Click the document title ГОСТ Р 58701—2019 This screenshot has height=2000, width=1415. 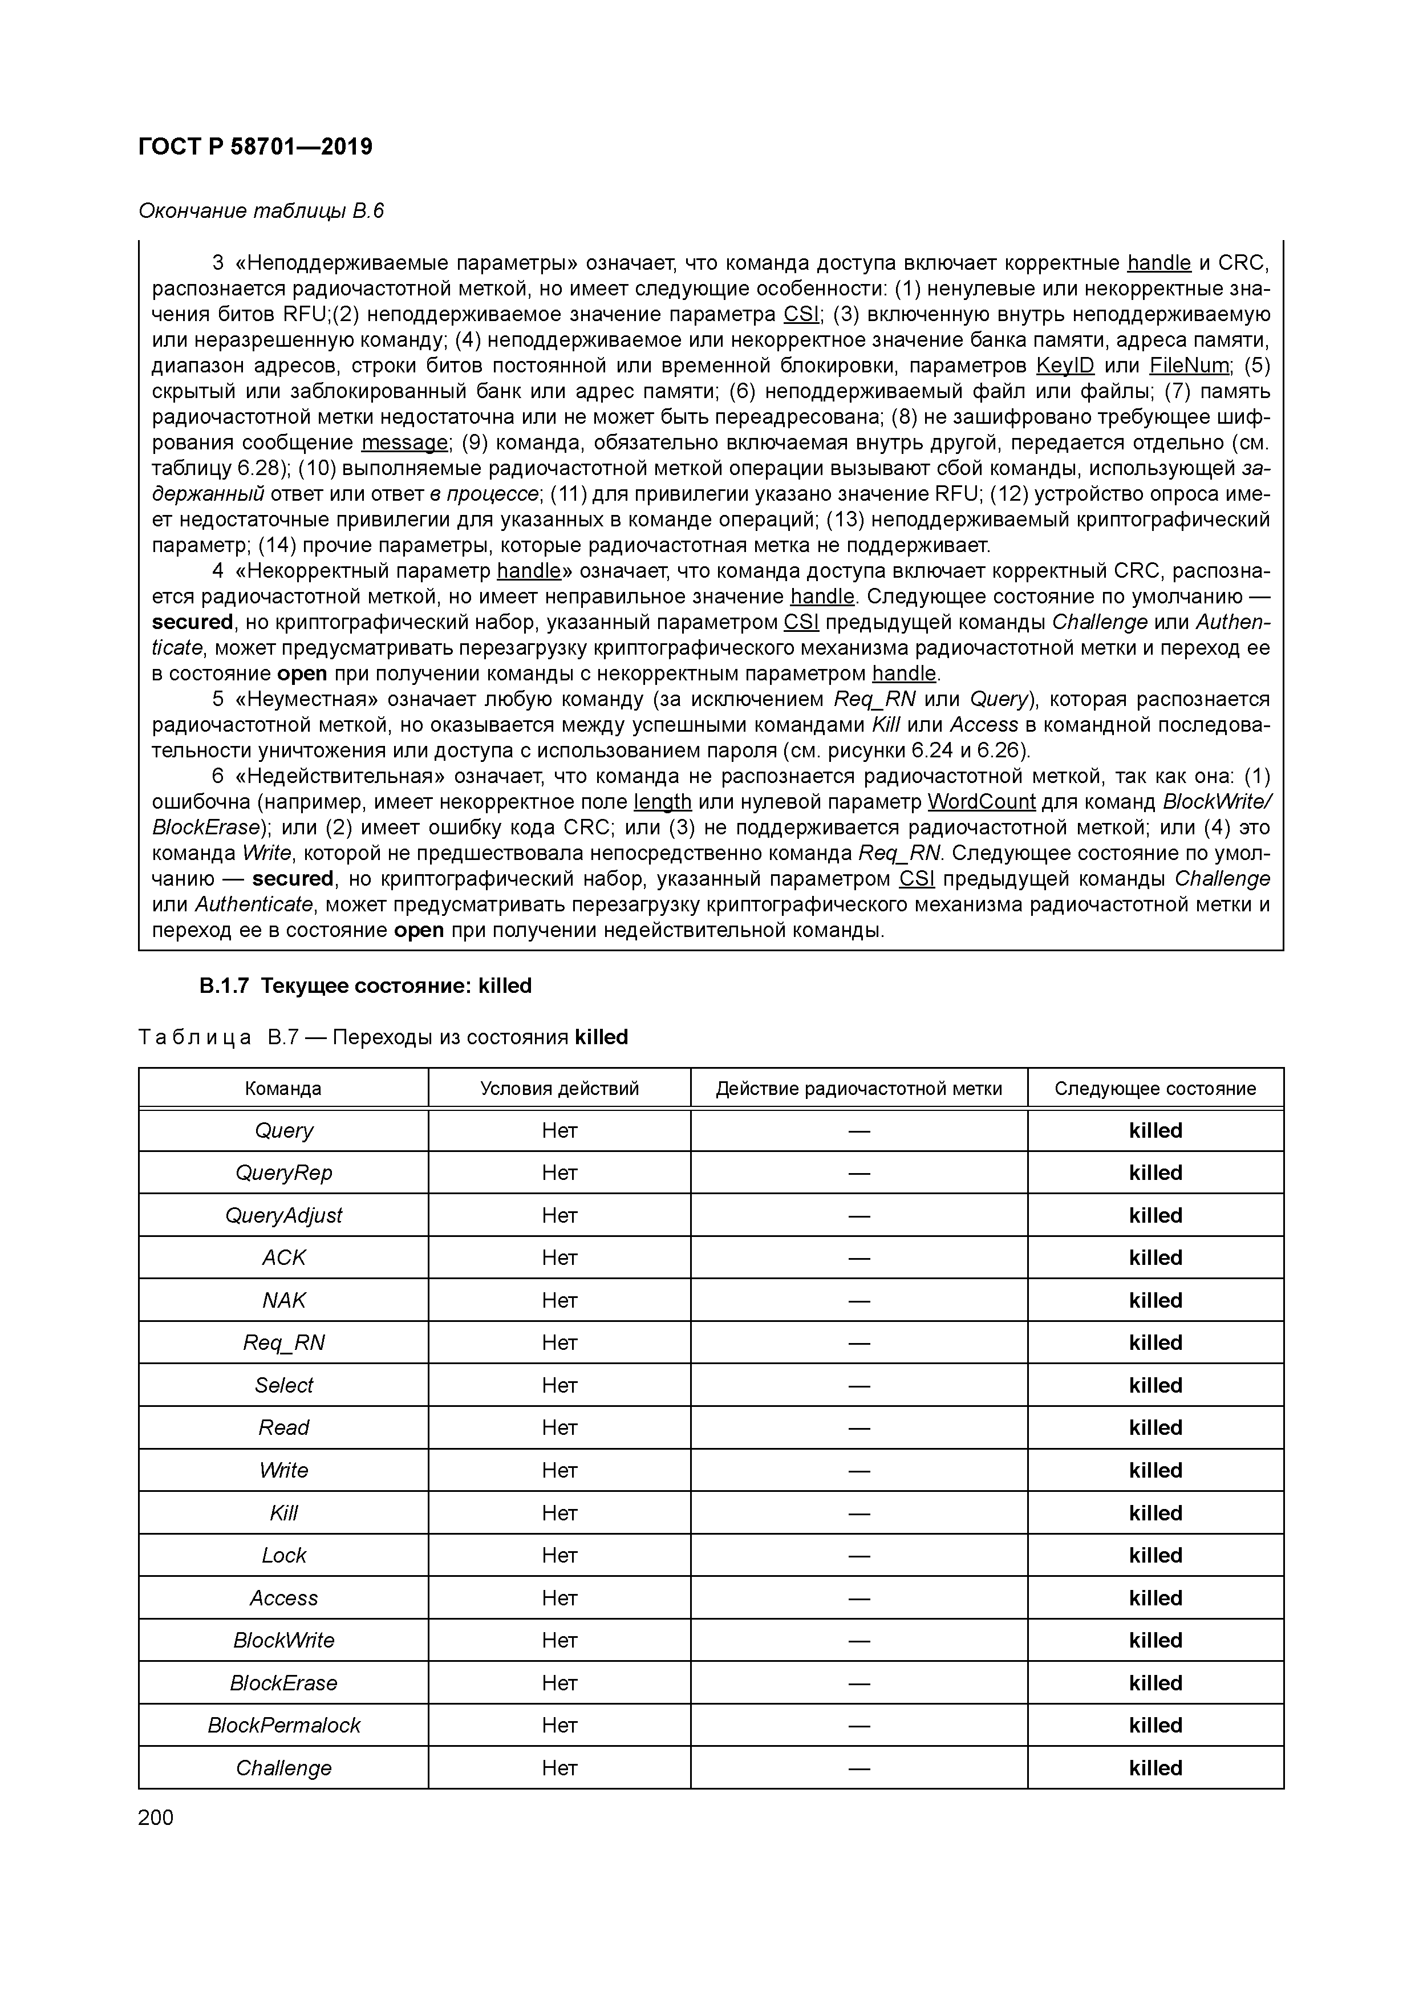pyautogui.click(x=256, y=147)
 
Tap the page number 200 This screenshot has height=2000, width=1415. pyautogui.click(x=156, y=1817)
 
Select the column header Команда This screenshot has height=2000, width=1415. pyautogui.click(x=283, y=1088)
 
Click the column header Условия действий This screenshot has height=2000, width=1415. pyautogui.click(x=559, y=1088)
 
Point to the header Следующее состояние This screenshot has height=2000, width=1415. pyautogui.click(x=1155, y=1088)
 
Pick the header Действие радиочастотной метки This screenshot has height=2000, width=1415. pyautogui.click(x=859, y=1088)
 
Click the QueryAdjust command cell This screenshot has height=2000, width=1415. pyautogui.click(x=283, y=1215)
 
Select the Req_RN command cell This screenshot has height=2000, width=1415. pyautogui.click(x=283, y=1342)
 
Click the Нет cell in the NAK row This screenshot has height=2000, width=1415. pyautogui.click(x=559, y=1300)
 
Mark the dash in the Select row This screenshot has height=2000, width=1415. pyautogui.click(x=859, y=1385)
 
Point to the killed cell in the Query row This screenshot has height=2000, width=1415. pyautogui.click(x=1155, y=1131)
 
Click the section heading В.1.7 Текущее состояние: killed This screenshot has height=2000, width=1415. pyautogui.click(x=366, y=985)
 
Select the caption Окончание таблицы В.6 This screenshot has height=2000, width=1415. pyautogui.click(x=261, y=211)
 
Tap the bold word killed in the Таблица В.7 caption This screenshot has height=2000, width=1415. pyautogui.click(x=601, y=1037)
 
